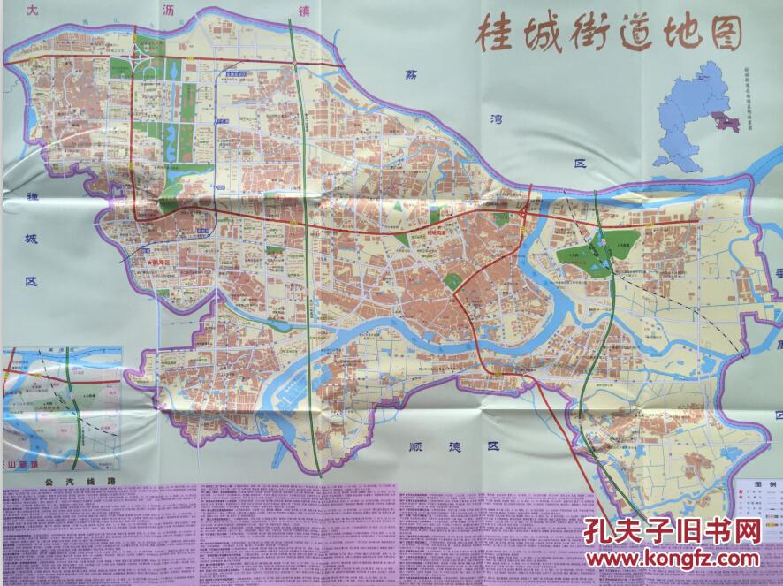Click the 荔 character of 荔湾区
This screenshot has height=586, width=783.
tap(408, 77)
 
